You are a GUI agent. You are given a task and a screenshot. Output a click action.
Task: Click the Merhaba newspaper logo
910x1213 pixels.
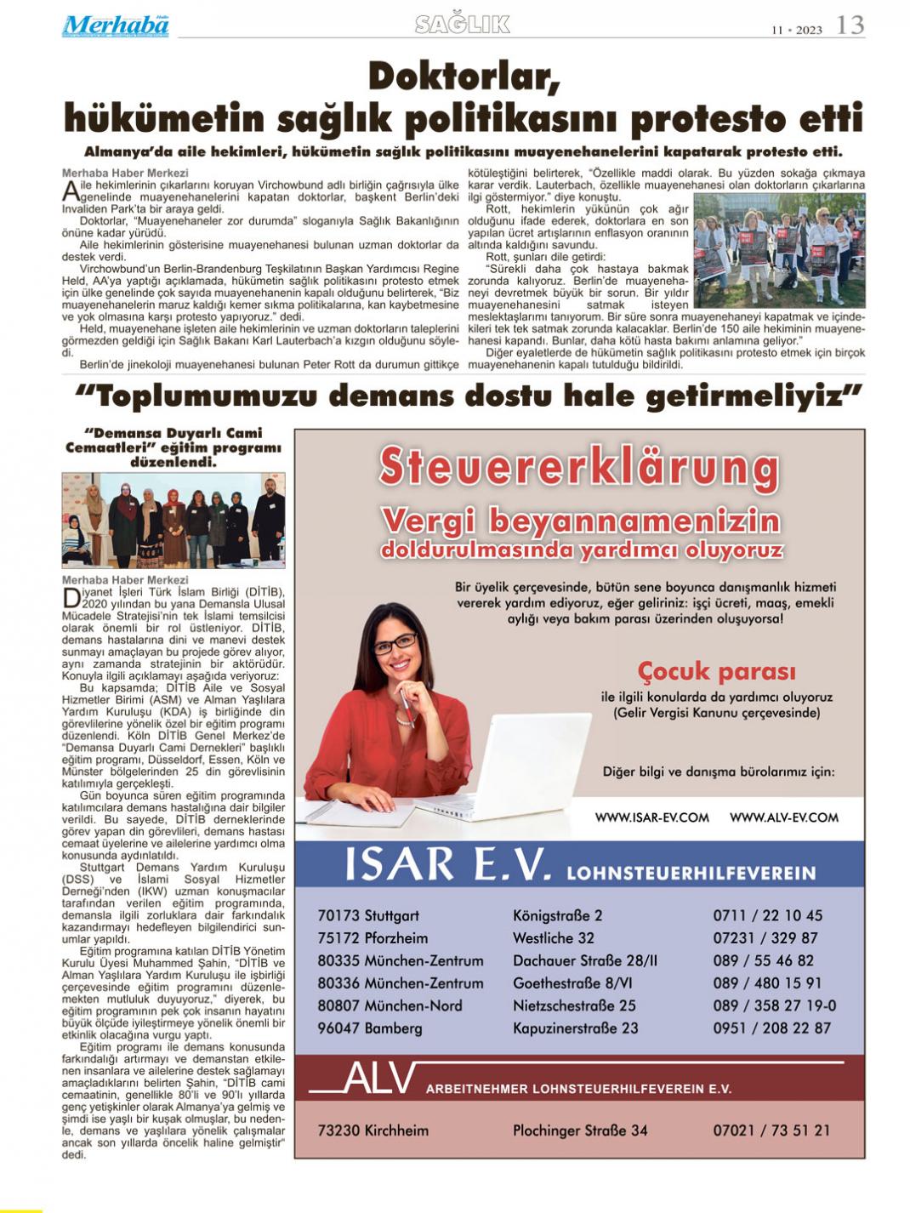[115, 26]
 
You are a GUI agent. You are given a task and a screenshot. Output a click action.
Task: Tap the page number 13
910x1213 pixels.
[850, 26]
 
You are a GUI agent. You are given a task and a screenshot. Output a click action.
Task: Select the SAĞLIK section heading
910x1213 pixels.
[462, 25]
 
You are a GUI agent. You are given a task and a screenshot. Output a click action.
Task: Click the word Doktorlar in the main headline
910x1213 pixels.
[464, 78]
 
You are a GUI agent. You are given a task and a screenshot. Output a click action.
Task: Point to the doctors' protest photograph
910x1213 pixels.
[779, 250]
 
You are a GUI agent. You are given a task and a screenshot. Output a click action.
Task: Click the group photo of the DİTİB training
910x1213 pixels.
[173, 520]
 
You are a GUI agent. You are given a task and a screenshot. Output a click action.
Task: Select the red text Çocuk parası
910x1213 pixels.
[716, 671]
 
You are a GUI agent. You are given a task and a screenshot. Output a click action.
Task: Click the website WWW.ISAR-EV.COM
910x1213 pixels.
[651, 817]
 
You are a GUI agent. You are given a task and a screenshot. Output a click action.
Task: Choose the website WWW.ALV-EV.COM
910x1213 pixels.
[783, 817]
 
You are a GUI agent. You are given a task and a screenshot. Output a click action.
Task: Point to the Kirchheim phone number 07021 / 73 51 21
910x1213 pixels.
[771, 1130]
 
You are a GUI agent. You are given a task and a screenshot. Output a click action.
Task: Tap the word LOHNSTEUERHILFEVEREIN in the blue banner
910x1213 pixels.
[691, 873]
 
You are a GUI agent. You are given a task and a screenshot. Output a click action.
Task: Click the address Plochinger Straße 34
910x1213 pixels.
[579, 1130]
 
